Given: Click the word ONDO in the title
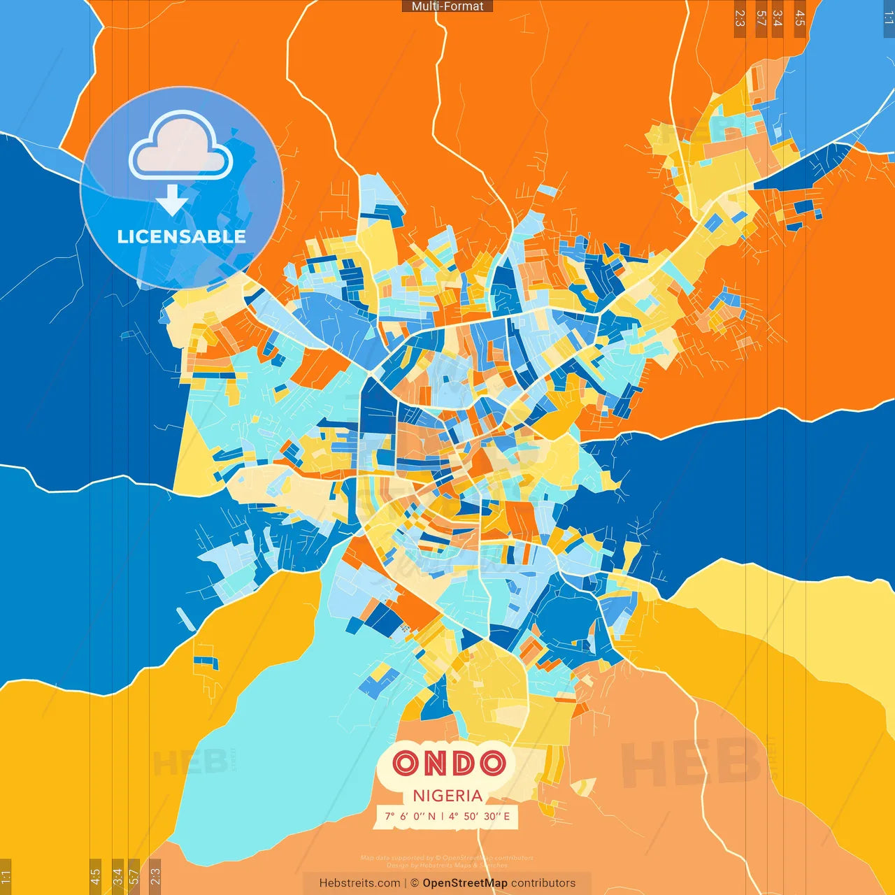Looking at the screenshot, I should pos(448,763).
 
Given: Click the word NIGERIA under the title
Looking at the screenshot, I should pos(447,796).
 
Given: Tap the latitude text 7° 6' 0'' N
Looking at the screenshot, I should pos(410,816).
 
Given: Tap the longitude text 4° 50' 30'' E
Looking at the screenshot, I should pos(480,816).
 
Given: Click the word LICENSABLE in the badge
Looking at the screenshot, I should pos(182,237).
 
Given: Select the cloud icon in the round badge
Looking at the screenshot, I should pos(180,147).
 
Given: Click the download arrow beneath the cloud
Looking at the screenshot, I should pos(172,200).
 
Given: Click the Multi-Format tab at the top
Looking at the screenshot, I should pos(447,6).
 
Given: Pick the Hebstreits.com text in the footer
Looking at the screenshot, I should pos(359,883).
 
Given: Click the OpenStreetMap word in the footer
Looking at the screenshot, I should pos(464,883).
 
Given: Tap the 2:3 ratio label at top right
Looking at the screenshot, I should pos(740,18).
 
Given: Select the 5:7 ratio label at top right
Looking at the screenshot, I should pos(761,18).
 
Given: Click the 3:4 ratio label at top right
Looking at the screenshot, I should pos(778,18).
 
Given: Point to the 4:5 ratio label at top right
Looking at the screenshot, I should pos(800,18).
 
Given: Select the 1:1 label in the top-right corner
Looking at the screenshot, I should pos(889,18).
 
